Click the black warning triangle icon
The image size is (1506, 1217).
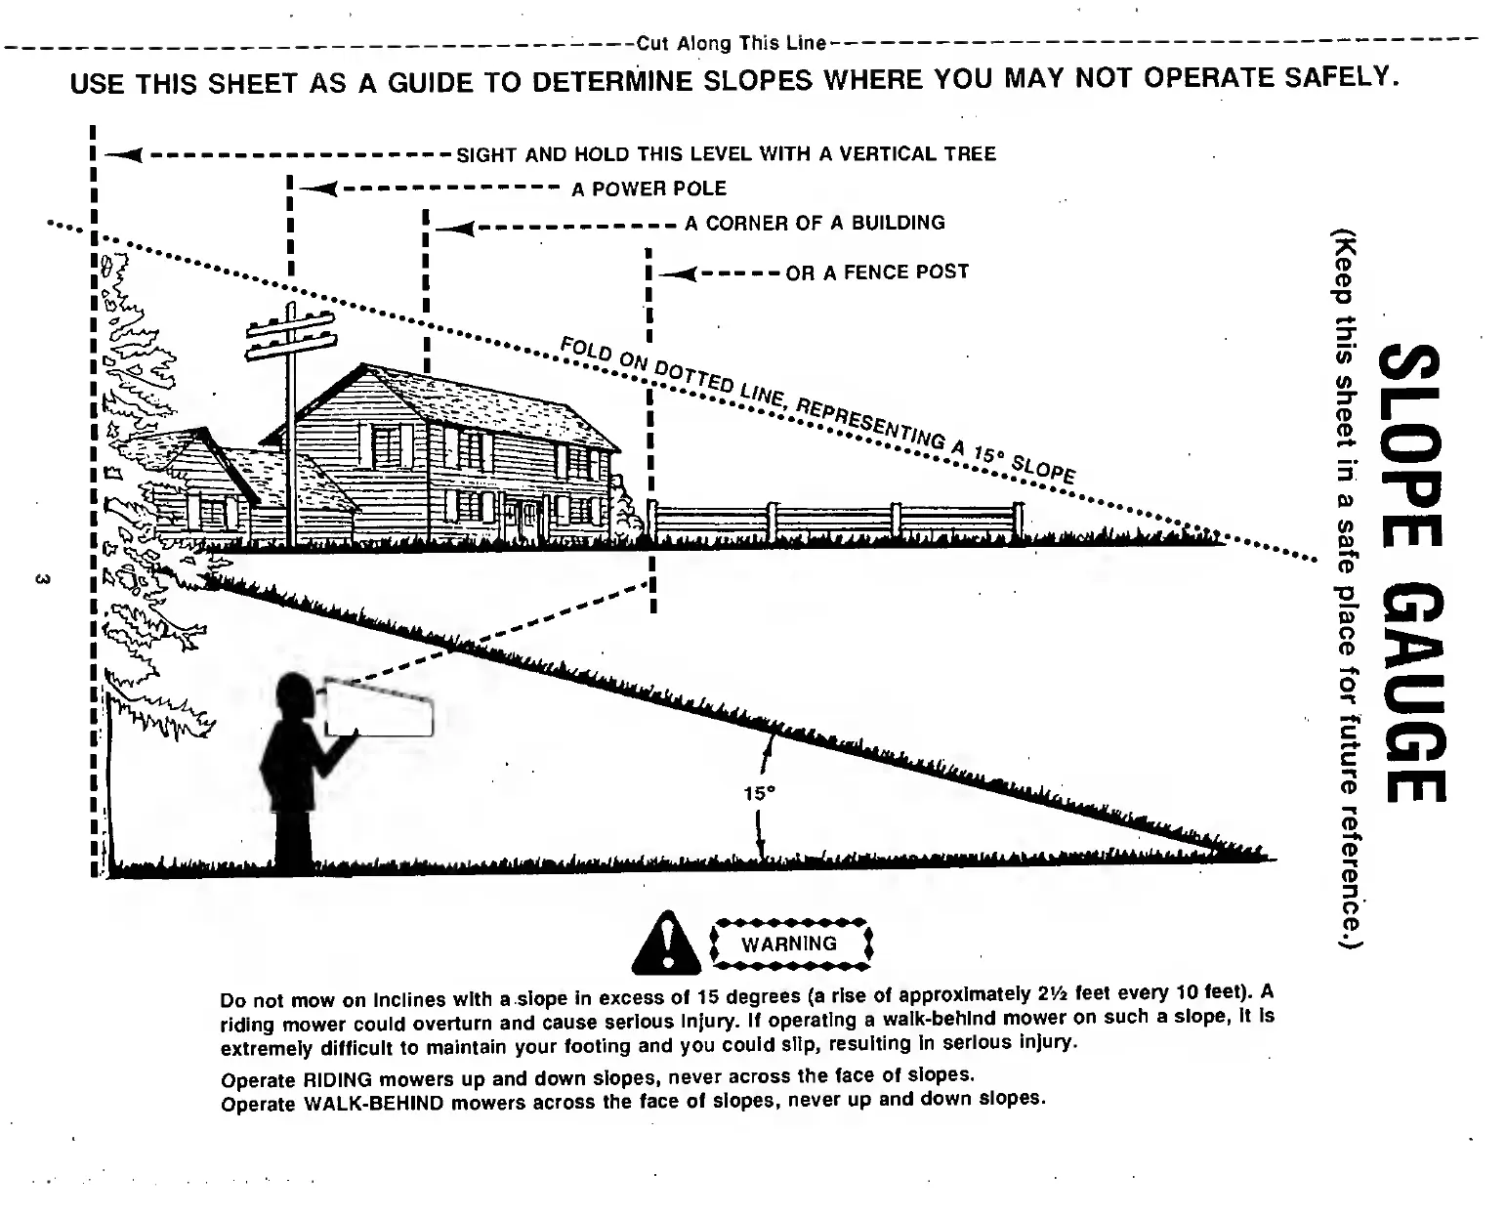[668, 945]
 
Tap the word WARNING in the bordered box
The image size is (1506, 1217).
[789, 944]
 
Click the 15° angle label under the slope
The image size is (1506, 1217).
[759, 794]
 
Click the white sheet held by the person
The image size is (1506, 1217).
[379, 706]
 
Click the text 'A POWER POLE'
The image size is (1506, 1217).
[648, 189]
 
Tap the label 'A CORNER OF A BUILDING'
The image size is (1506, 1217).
[815, 223]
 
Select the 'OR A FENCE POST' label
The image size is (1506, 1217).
[877, 272]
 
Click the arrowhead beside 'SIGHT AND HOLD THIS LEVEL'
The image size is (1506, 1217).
[124, 154]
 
